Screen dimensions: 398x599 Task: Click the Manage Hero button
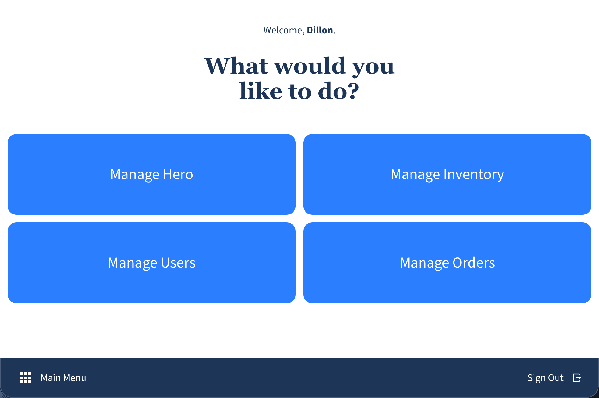point(151,174)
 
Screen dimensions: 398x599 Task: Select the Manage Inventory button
point(447,174)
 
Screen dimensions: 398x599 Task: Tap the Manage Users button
point(151,263)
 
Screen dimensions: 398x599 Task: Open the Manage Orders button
point(447,263)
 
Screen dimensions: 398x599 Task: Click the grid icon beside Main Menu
point(25,378)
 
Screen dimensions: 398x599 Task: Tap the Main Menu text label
point(63,378)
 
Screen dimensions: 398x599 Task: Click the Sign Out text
point(545,378)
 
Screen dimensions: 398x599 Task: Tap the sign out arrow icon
point(577,378)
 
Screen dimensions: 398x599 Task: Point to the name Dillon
point(320,30)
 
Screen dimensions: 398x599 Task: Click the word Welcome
point(283,30)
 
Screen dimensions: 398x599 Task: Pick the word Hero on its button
point(178,174)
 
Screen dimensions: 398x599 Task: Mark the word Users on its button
point(178,263)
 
